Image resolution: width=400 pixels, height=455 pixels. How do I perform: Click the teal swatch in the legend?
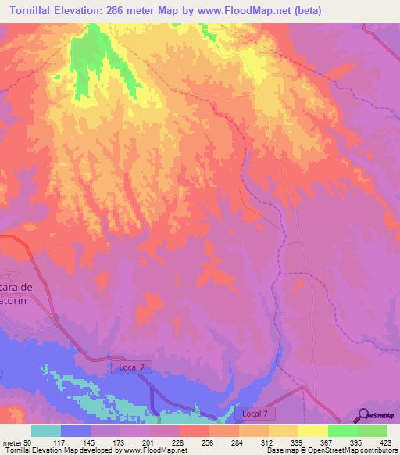point(46,431)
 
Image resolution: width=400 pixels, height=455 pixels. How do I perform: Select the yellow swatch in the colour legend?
point(312,431)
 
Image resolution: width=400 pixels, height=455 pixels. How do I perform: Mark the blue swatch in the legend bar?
point(76,431)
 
